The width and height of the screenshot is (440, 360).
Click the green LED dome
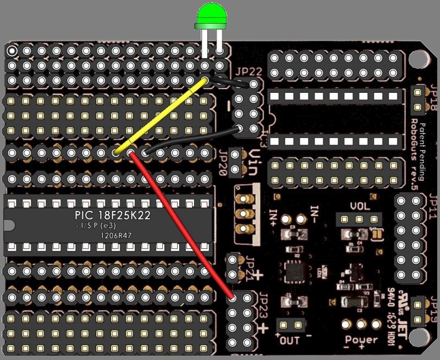click(x=211, y=15)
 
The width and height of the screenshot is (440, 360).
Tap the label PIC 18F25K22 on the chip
click(x=112, y=215)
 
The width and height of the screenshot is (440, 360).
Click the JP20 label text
click(x=223, y=163)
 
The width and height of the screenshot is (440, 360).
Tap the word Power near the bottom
click(x=362, y=340)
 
